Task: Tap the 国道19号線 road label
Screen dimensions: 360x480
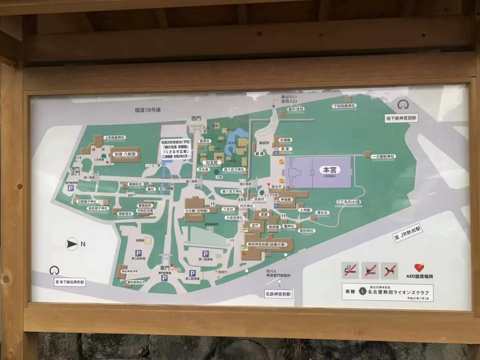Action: pos(148,110)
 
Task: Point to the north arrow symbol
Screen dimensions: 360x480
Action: pos(72,244)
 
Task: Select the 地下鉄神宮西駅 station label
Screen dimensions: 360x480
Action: pos(401,118)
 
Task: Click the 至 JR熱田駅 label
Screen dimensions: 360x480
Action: pos(407,233)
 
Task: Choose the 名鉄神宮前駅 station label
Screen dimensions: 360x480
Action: pos(278,294)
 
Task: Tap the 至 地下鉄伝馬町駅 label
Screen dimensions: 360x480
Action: pos(70,282)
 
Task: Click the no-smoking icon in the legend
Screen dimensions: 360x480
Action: pos(350,270)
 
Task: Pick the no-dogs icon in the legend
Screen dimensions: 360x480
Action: pos(389,270)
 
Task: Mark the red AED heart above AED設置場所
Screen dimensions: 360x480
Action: pos(419,267)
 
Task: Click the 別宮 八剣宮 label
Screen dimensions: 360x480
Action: pos(125,154)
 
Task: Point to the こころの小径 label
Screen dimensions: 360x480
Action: pos(349,202)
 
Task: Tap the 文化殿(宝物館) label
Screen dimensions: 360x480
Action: pos(197,211)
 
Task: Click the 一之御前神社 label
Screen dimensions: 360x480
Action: pos(383,156)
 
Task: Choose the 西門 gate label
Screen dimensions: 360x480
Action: pos(196,118)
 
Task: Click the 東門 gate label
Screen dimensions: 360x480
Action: pos(165,268)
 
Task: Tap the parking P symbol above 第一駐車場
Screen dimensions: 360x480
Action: pos(205,254)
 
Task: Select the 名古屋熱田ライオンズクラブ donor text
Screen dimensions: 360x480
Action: pos(398,292)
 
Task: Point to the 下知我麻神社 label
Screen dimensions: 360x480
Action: pos(344,106)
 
